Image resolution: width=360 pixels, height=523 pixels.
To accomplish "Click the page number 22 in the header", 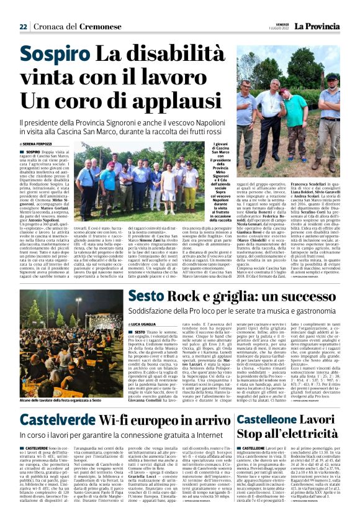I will coord(23,27).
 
